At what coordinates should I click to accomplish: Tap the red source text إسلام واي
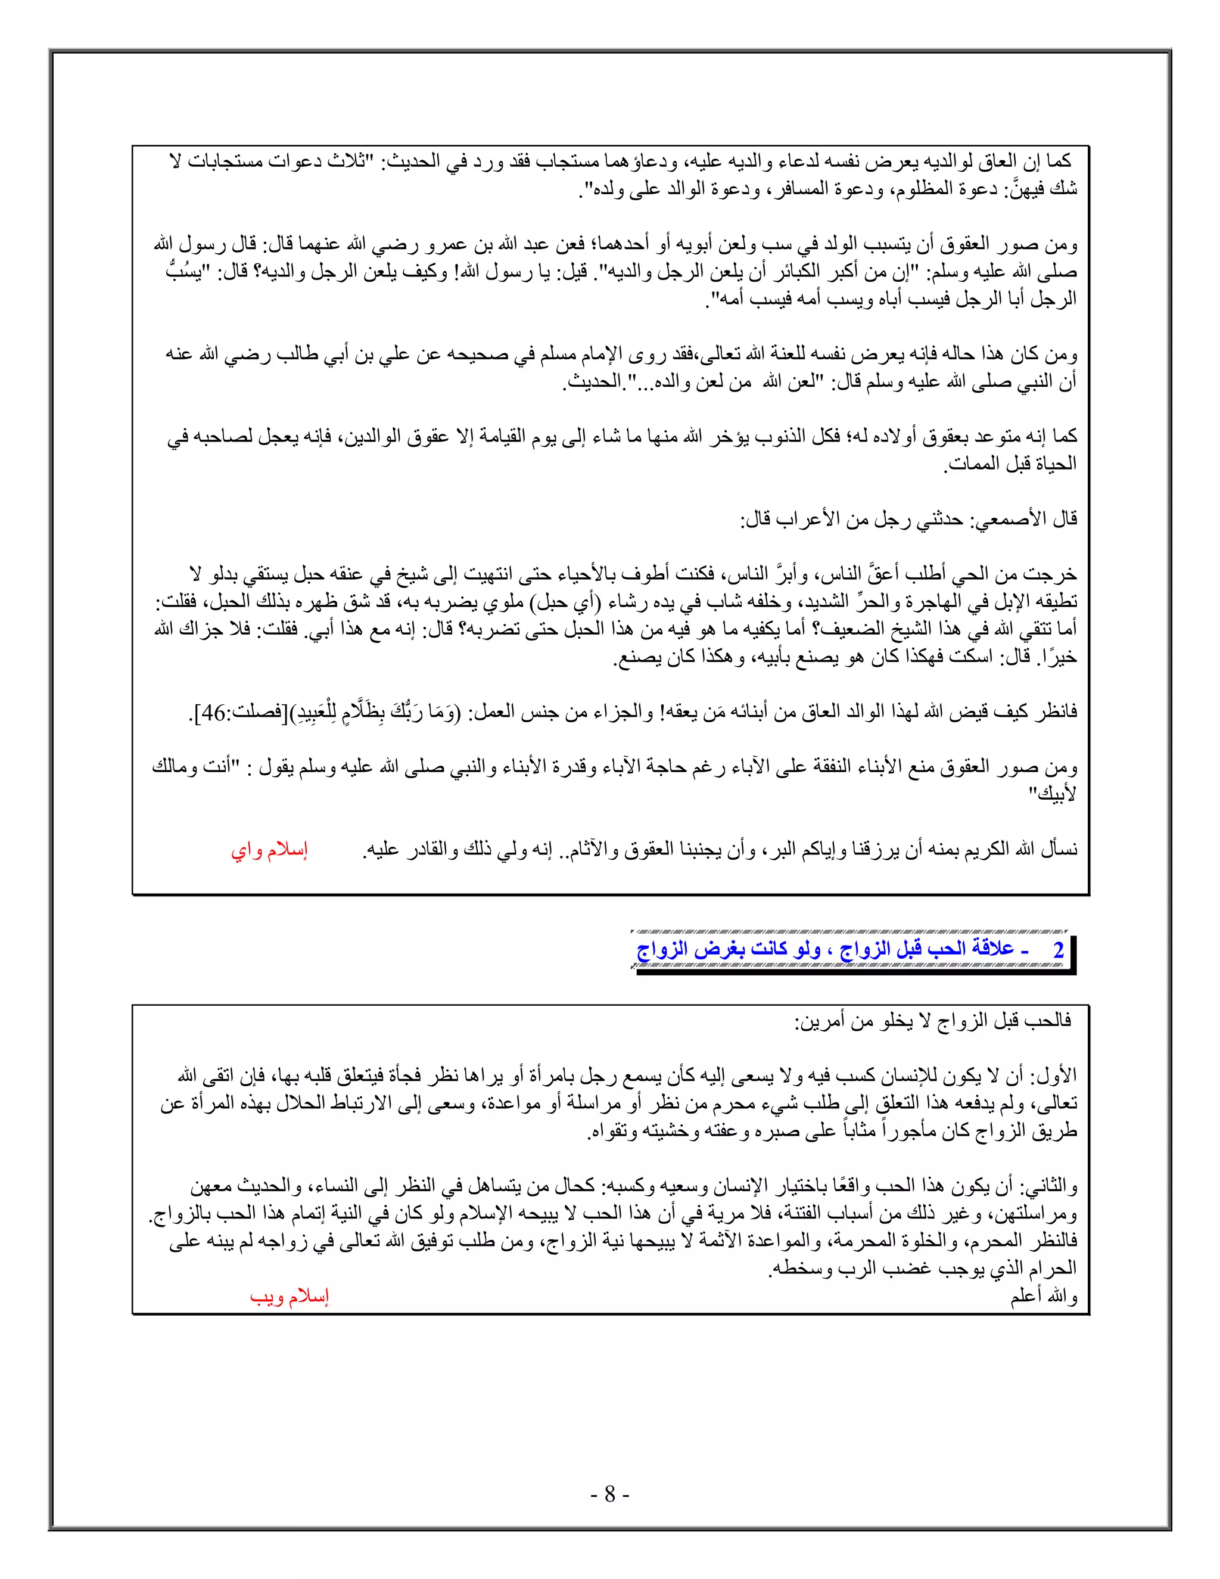pyautogui.click(x=270, y=850)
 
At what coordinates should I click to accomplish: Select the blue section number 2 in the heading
pyautogui.click(x=1058, y=949)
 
